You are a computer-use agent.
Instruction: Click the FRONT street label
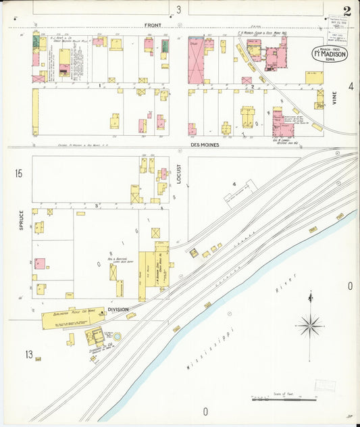coord(153,26)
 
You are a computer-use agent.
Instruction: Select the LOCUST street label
coord(179,174)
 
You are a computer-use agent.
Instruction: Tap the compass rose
coord(310,325)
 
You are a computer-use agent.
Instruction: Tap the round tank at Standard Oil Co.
coord(117,336)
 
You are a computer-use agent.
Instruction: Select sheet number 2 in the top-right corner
coord(346,10)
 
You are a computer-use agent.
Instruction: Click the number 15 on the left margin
coord(18,174)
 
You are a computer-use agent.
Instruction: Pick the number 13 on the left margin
coord(29,354)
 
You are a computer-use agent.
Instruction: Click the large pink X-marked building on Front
coord(196,61)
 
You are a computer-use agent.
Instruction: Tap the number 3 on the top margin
coord(179,9)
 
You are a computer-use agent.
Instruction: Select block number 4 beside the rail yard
coord(234,183)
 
